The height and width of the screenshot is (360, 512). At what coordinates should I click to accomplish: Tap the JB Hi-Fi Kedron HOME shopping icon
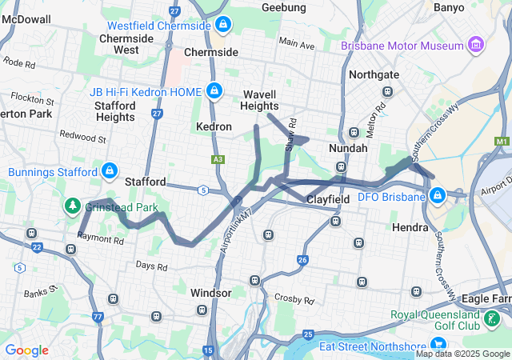(x=214, y=90)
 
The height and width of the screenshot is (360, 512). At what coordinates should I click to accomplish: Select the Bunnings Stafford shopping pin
(x=110, y=171)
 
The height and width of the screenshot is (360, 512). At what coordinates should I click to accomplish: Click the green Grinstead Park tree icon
(x=73, y=206)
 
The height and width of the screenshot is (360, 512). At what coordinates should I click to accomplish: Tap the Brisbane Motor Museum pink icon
(x=478, y=45)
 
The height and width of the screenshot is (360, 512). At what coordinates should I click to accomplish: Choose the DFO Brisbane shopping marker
(x=438, y=196)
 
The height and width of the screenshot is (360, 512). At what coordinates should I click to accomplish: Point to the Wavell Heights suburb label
(x=260, y=100)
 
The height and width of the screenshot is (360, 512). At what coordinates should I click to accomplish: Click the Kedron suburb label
(x=214, y=126)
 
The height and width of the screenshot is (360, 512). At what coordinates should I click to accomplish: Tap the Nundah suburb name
(x=348, y=148)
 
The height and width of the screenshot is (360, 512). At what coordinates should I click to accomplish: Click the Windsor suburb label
(x=211, y=293)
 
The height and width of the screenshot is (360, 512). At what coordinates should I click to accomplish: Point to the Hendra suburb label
(x=412, y=227)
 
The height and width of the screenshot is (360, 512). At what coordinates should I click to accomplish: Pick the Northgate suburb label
(x=374, y=74)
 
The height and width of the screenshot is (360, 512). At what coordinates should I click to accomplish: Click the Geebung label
(x=284, y=7)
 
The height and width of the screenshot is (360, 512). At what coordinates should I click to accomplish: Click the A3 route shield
(x=217, y=160)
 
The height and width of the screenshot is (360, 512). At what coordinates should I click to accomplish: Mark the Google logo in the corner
(x=26, y=350)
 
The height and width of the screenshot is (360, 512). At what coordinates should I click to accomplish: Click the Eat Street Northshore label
(x=373, y=346)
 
